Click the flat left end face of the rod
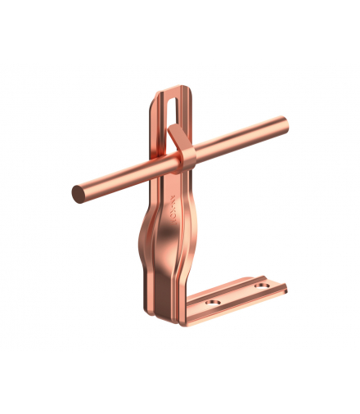pos(79,194)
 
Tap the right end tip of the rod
pos(286,124)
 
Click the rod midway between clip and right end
pos(237,140)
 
